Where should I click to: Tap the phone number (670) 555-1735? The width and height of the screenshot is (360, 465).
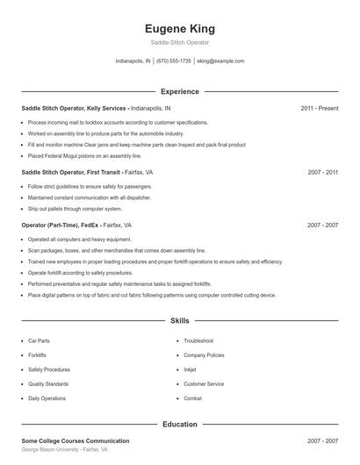tap(174, 61)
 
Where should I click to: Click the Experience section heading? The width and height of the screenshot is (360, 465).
tap(179, 91)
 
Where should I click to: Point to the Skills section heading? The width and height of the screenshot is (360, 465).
tap(179, 321)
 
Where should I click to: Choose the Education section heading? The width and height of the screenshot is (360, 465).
tap(179, 425)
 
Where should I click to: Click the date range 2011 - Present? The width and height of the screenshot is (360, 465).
tap(319, 108)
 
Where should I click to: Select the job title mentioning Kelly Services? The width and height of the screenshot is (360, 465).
tap(74, 108)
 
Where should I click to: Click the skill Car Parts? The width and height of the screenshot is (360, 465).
tap(40, 340)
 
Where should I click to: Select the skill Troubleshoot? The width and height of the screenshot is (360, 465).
tap(198, 340)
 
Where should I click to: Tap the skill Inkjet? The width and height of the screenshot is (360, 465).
tap(191, 369)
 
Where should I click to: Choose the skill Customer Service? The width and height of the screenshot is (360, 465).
tap(203, 383)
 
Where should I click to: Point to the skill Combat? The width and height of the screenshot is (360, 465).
tap(193, 398)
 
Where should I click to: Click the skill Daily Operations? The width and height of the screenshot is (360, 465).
tap(47, 398)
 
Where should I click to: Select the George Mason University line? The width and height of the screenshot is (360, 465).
tap(64, 449)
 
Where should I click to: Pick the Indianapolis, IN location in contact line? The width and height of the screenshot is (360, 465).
tap(133, 61)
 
